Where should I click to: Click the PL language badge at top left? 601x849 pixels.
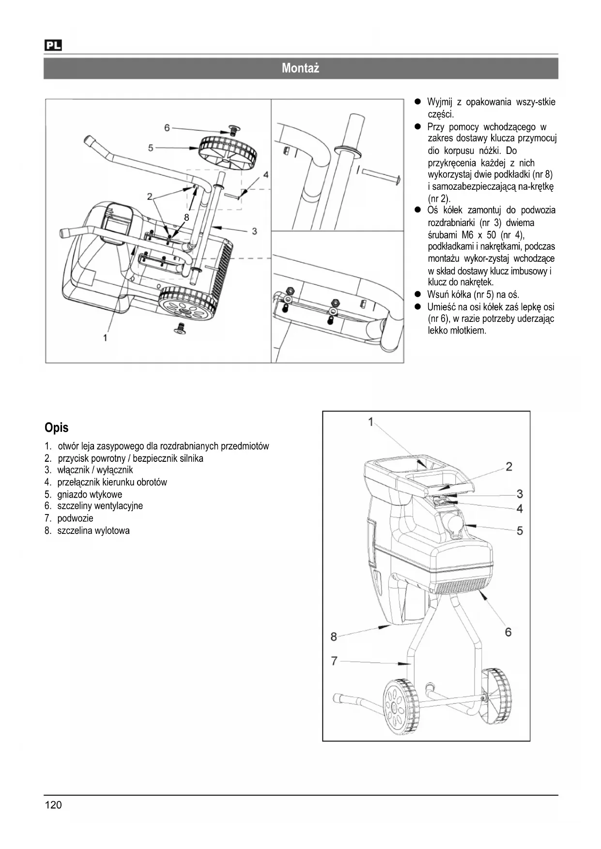53,45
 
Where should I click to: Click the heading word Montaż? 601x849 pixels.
300,68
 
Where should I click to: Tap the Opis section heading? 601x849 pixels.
57,427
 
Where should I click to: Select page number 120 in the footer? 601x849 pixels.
53,805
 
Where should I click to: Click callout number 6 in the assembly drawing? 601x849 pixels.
167,128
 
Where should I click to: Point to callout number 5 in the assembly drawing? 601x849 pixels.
151,147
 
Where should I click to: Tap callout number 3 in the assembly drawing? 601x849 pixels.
254,231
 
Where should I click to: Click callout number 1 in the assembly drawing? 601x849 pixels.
105,337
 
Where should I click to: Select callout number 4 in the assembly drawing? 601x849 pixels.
265,174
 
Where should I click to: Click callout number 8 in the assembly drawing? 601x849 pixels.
186,218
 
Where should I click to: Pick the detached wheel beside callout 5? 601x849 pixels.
228,152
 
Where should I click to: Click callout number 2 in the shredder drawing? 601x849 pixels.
509,467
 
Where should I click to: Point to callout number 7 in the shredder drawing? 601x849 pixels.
334,660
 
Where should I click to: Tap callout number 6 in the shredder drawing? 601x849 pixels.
508,632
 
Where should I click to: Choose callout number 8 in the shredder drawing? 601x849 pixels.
334,636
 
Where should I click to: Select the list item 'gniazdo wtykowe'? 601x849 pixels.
90,494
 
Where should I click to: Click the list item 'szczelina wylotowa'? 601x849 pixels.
93,531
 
